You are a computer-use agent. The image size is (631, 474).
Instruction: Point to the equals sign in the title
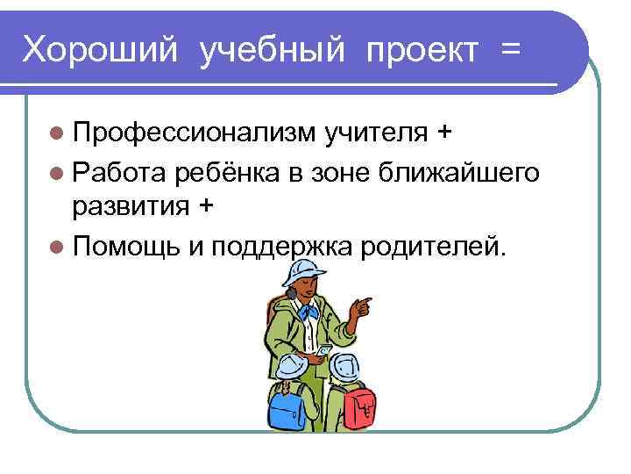tap(510, 50)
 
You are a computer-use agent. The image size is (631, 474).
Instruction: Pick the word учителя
tap(376, 133)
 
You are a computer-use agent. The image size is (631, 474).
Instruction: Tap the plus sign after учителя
tap(444, 133)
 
